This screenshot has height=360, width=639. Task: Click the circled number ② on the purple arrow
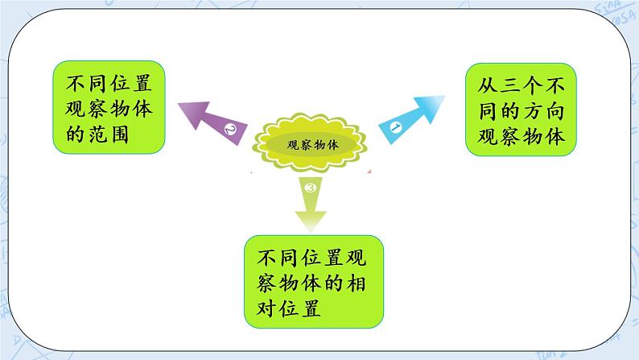point(229,129)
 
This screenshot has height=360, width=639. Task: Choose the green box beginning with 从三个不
point(521,110)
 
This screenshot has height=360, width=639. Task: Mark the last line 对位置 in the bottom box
point(290,309)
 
